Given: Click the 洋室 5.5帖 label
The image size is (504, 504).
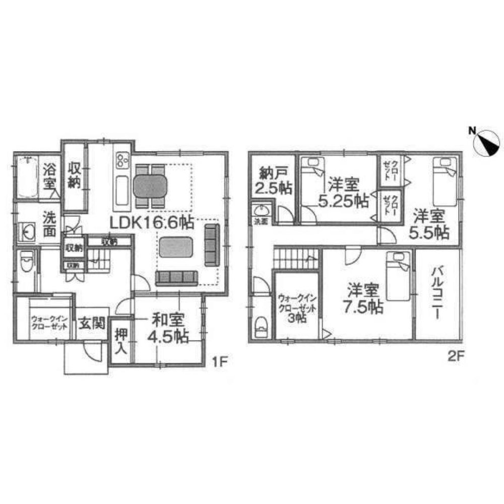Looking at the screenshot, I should (431, 224).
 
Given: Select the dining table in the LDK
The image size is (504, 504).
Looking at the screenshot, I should (150, 186).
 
